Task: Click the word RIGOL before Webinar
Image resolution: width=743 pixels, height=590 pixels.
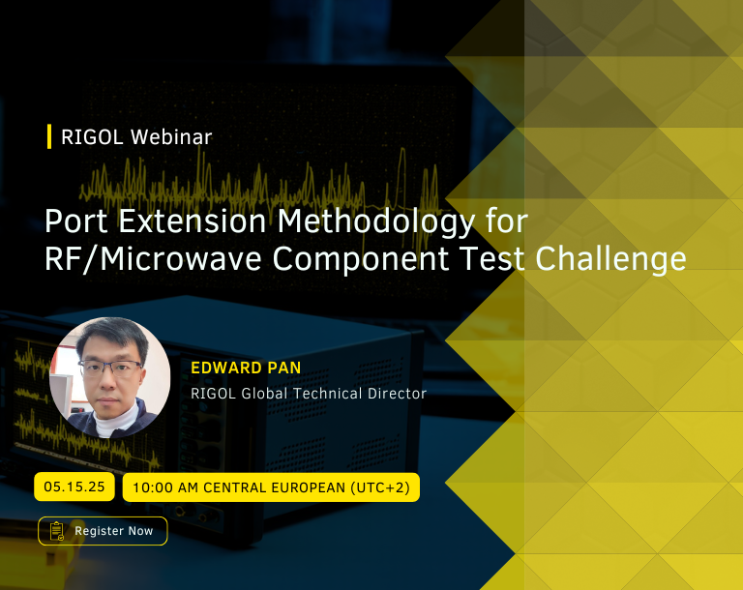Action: coord(92,137)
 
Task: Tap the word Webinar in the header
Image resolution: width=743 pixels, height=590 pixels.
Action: coord(171,137)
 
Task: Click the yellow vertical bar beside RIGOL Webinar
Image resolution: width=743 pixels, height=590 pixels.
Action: coord(49,136)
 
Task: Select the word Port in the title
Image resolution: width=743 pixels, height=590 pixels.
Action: coord(75,221)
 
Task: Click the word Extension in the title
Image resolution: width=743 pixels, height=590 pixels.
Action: coord(192,221)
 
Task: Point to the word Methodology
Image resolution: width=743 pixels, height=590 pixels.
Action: coord(375,221)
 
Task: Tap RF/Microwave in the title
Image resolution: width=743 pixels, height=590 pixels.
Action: coord(153,259)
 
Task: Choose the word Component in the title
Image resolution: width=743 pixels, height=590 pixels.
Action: coord(360,259)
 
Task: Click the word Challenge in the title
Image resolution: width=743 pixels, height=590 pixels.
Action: coord(610,259)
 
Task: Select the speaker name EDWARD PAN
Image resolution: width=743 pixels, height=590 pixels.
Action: coord(246,368)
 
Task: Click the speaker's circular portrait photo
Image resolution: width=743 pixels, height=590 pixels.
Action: coord(109,377)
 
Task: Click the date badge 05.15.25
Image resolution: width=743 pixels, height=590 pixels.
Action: coord(74,487)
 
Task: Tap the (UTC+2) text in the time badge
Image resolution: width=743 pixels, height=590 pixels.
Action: coord(380,487)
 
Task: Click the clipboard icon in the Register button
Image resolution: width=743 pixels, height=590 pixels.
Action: coord(57,531)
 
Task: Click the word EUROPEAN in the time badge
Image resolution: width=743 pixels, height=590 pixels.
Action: coord(309,487)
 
